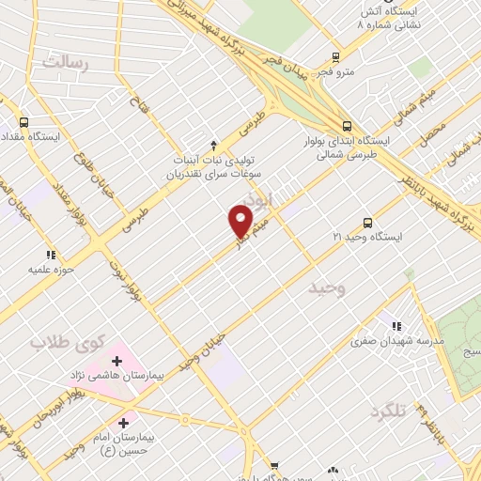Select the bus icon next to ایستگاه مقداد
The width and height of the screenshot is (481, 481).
[x=23, y=122]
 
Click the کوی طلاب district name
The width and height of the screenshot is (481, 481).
[x=64, y=342]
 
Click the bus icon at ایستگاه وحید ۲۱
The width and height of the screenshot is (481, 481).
[x=366, y=224]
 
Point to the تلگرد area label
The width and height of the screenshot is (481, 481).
[x=392, y=411]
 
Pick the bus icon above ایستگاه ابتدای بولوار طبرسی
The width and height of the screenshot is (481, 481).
[x=348, y=125]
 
